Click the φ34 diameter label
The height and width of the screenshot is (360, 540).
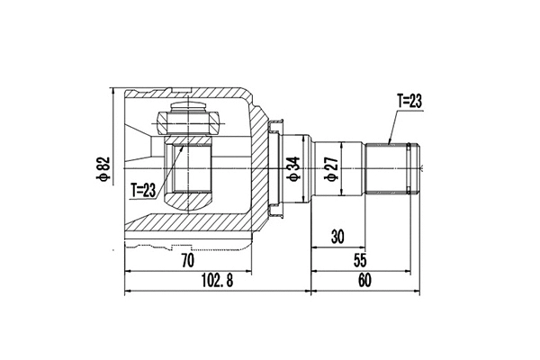(292, 167)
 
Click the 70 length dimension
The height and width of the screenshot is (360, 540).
(188, 262)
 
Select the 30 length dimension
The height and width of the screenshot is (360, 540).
(337, 238)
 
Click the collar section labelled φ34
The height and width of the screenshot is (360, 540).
(297, 148)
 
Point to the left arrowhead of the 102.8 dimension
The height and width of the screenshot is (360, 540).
(126, 291)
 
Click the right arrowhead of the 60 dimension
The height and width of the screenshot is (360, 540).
(418, 291)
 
